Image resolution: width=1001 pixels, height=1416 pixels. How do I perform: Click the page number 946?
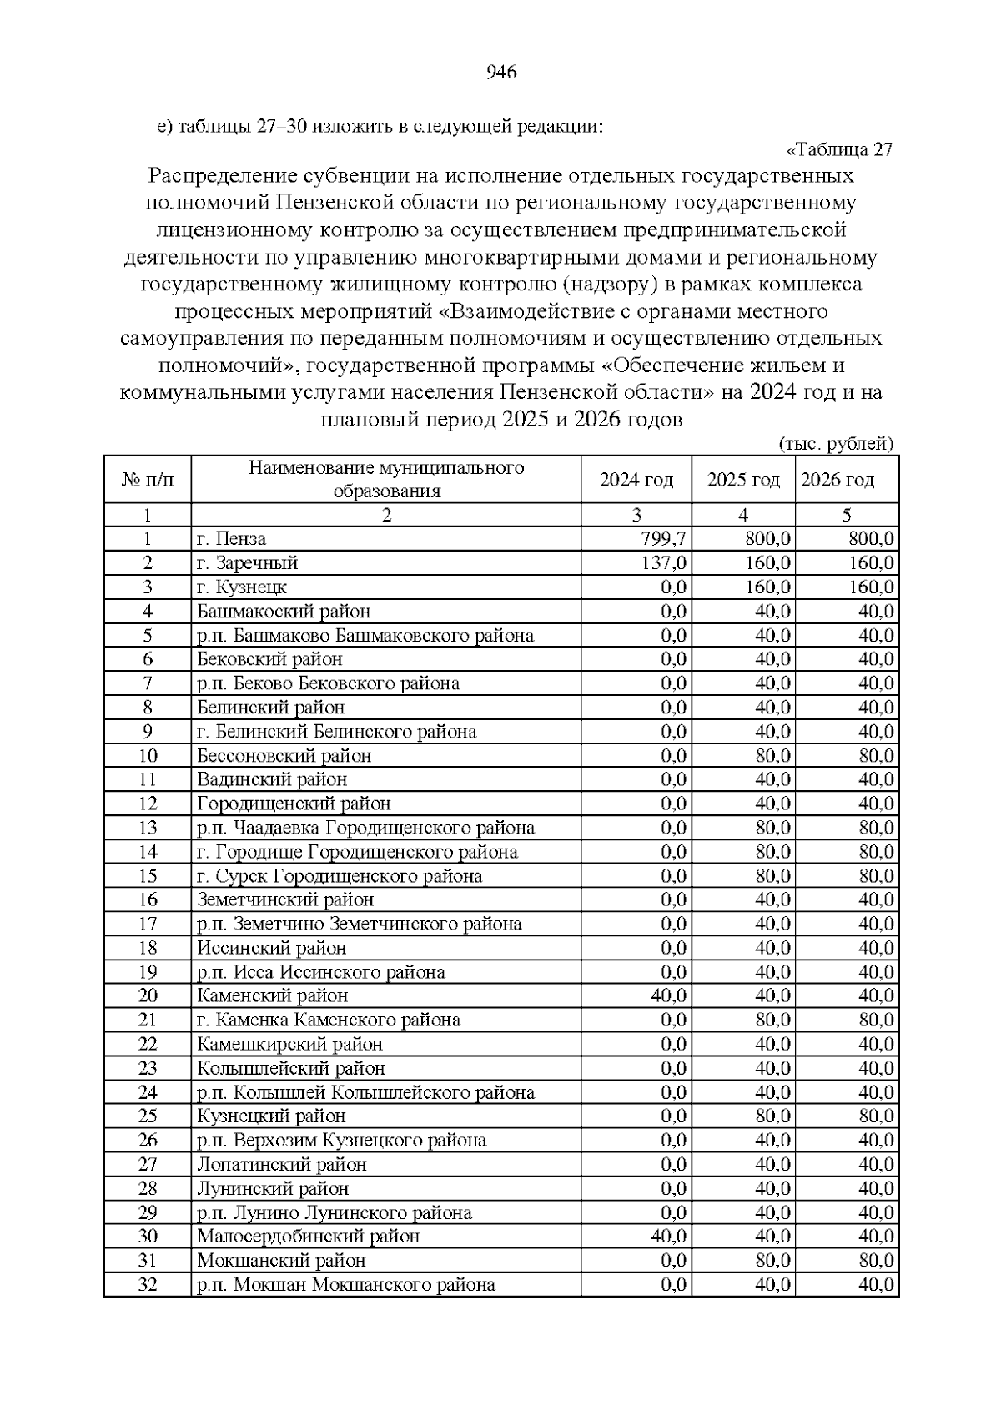pyautogui.click(x=501, y=73)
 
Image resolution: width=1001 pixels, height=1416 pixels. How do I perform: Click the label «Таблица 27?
pyautogui.click(x=839, y=150)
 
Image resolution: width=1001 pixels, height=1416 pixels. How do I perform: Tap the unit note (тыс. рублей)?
pyautogui.click(x=836, y=444)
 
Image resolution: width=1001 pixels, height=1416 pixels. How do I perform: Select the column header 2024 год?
pyautogui.click(x=636, y=480)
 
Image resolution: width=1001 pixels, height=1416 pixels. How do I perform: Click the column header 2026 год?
pyautogui.click(x=838, y=480)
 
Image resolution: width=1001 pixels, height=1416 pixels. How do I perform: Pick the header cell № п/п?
pyautogui.click(x=148, y=480)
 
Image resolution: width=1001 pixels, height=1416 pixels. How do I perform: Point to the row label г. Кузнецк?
pyautogui.click(x=242, y=587)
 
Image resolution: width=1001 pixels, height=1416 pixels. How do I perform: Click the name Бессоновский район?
pyautogui.click(x=284, y=756)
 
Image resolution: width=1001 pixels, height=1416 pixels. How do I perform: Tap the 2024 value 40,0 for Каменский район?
pyautogui.click(x=669, y=996)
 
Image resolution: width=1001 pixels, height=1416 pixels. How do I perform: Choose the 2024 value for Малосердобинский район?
pyautogui.click(x=669, y=1237)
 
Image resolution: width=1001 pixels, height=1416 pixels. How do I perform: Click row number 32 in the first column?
pyautogui.click(x=148, y=1285)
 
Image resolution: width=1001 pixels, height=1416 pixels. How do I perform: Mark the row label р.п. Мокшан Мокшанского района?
pyautogui.click(x=346, y=1285)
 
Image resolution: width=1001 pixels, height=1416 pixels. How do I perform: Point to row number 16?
pyautogui.click(x=148, y=899)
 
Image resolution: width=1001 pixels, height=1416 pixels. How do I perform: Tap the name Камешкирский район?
pyautogui.click(x=289, y=1045)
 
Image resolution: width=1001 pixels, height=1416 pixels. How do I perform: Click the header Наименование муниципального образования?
pyautogui.click(x=386, y=479)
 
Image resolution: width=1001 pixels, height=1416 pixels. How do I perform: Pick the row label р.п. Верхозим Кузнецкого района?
pyautogui.click(x=341, y=1141)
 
